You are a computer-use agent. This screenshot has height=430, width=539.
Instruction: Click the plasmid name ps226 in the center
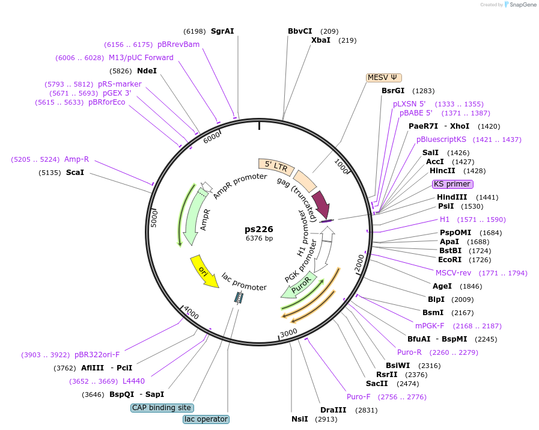[x=259, y=229]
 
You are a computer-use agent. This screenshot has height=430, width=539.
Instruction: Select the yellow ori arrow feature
[x=204, y=271]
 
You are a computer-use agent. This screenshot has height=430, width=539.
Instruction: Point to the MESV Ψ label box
[x=384, y=78]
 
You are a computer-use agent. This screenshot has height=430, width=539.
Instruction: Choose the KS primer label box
[x=452, y=184]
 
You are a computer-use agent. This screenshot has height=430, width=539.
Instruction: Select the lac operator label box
[x=206, y=419]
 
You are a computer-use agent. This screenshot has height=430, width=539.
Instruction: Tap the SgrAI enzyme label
[x=222, y=31]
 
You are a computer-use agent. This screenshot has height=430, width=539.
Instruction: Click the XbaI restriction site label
[x=321, y=40]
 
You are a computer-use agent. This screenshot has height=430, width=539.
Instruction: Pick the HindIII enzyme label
[x=452, y=197]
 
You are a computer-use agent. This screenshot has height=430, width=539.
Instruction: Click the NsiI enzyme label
[x=300, y=419]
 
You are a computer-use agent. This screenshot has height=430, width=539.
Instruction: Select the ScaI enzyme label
[x=75, y=173]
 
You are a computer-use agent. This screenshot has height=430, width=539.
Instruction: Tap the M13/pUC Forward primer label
[x=141, y=58]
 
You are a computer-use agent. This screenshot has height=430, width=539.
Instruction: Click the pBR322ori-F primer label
[x=97, y=355]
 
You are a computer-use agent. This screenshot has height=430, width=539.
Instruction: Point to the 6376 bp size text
[x=259, y=239]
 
